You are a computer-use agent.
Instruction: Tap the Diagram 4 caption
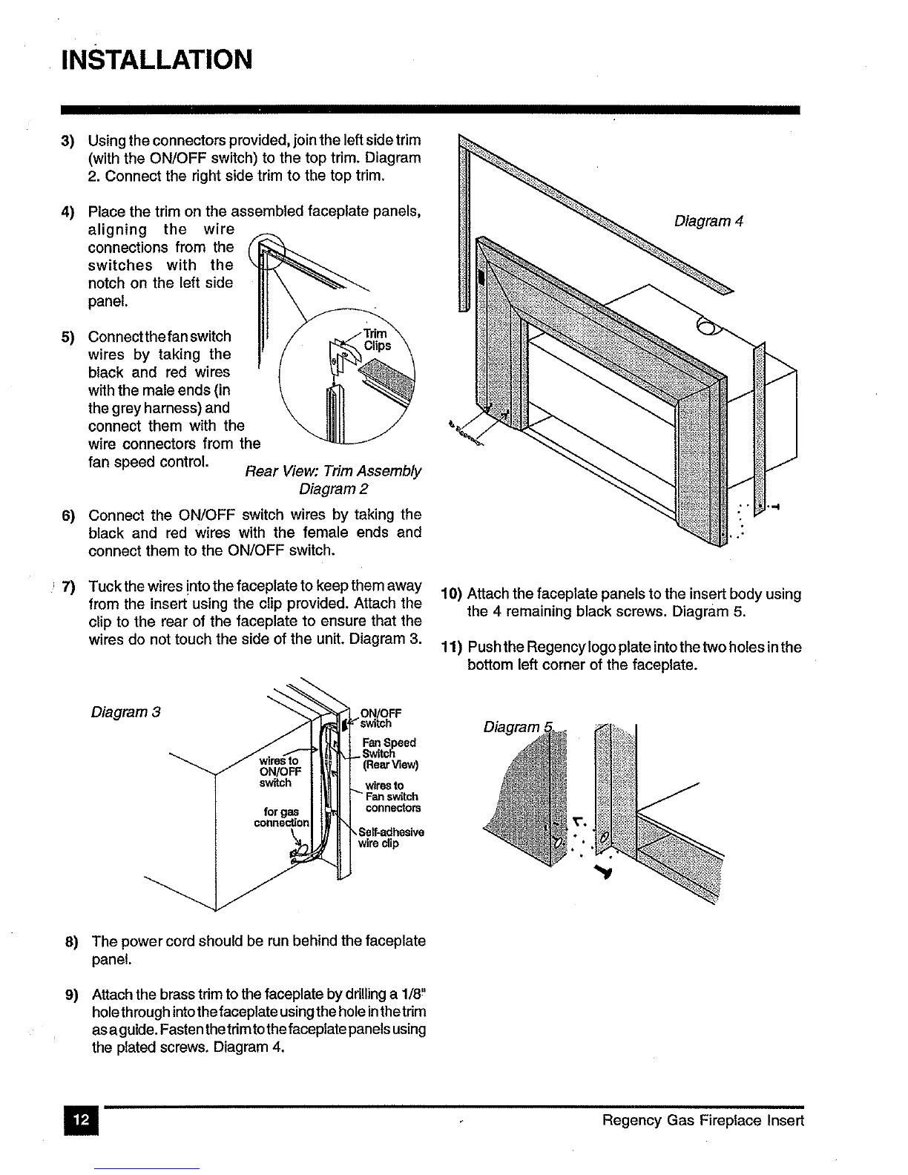[708, 221]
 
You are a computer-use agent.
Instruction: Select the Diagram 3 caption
[126, 713]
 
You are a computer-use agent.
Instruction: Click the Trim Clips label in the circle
[377, 340]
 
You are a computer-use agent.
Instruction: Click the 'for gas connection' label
[281, 817]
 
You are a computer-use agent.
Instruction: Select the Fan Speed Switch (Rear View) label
[389, 754]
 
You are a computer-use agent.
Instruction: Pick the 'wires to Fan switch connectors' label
[392, 797]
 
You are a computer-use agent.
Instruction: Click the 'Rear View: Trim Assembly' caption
[332, 472]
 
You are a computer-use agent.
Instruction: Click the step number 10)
[451, 595]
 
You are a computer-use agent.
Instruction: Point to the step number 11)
[451, 648]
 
